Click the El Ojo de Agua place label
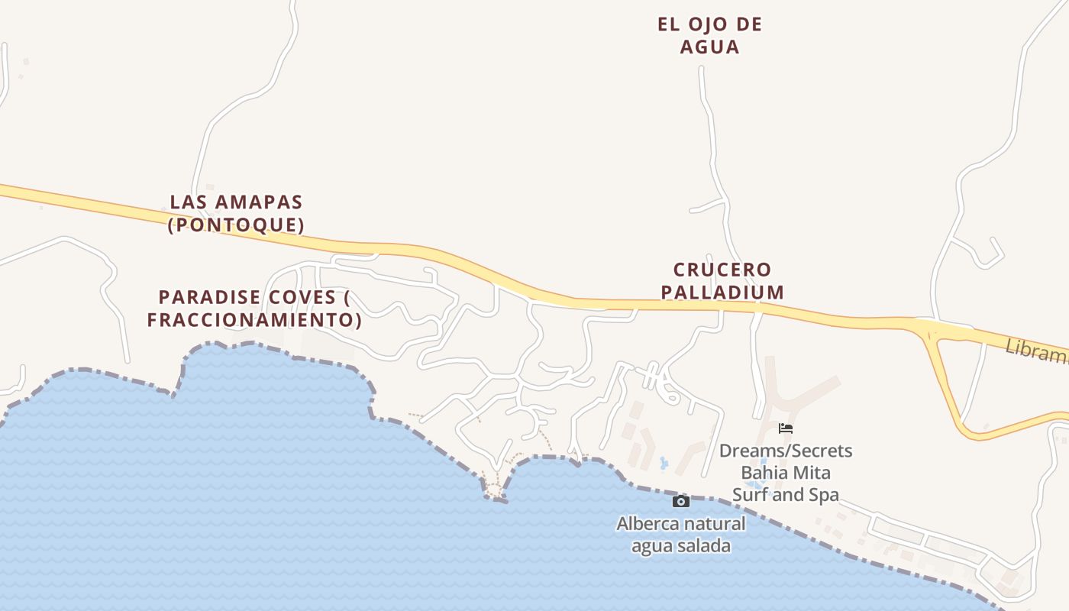709,35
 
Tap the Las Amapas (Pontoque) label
236,213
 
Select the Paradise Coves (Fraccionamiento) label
254,308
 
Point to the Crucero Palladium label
722,280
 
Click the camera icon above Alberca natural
680,502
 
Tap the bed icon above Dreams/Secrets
786,428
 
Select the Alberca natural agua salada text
680,535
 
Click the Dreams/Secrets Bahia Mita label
786,473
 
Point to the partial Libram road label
1036,352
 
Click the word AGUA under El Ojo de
709,47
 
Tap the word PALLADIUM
722,292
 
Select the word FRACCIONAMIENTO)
254,319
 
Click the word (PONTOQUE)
236,225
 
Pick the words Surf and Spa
786,495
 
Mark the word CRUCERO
722,270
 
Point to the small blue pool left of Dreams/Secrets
664,463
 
